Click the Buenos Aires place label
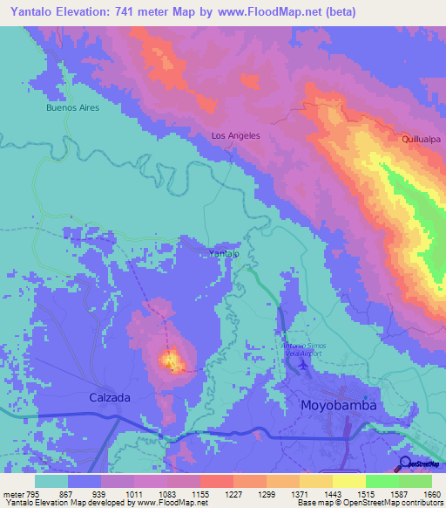73,108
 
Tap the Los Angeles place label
236,136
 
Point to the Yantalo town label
224,253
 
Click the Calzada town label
110,397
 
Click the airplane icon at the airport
302,365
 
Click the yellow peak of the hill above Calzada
170,358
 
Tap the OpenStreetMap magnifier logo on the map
405,462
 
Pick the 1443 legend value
333,495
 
